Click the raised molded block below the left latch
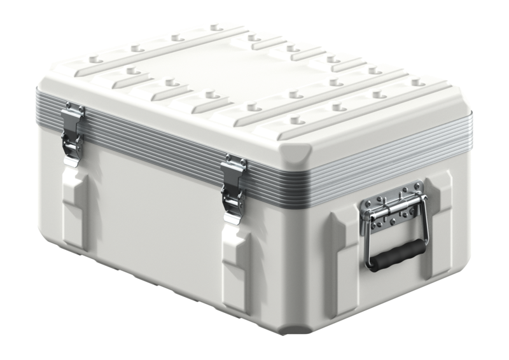tap(75, 204)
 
